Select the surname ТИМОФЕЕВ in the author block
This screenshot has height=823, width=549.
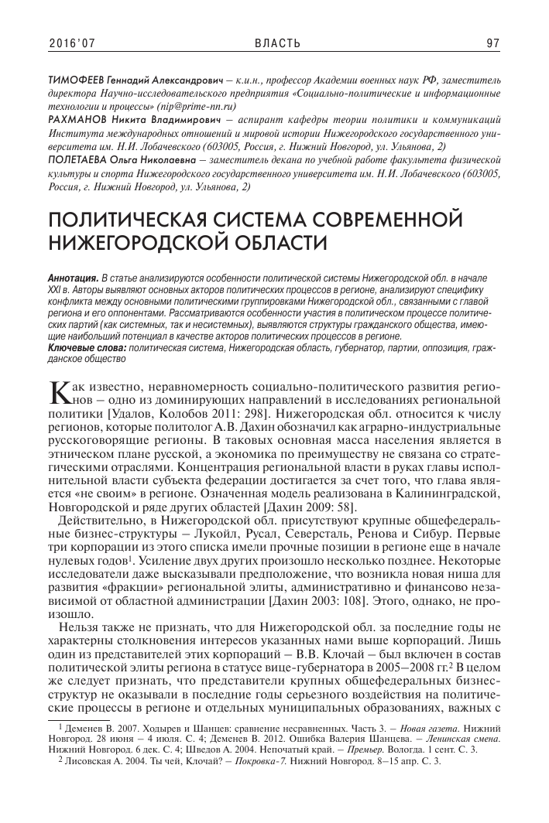[x=80, y=79]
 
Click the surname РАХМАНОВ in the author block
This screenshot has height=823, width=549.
[x=79, y=120]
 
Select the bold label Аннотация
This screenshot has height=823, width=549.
[x=70, y=277]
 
